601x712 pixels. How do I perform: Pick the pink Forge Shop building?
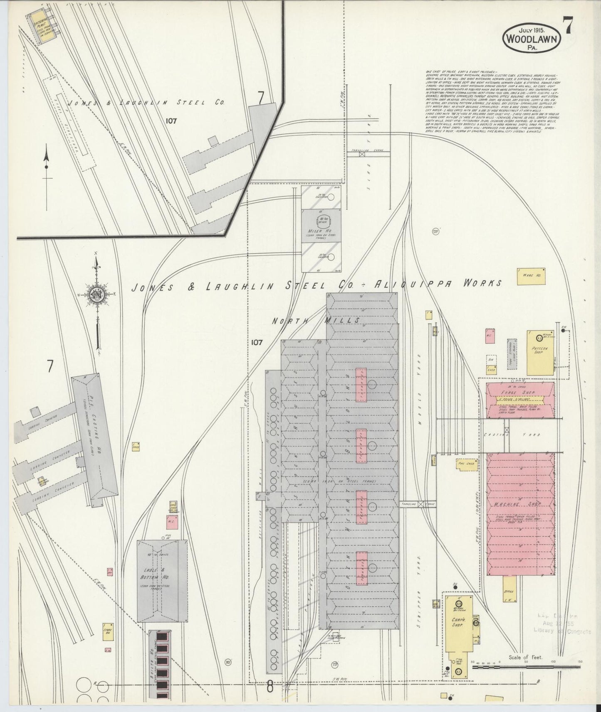tap(520, 400)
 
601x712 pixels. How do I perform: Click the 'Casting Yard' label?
tap(512, 435)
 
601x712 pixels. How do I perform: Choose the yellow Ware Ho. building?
tap(525, 275)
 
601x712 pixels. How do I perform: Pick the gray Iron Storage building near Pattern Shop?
tap(511, 355)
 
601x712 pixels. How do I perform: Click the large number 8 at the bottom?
tap(270, 687)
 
